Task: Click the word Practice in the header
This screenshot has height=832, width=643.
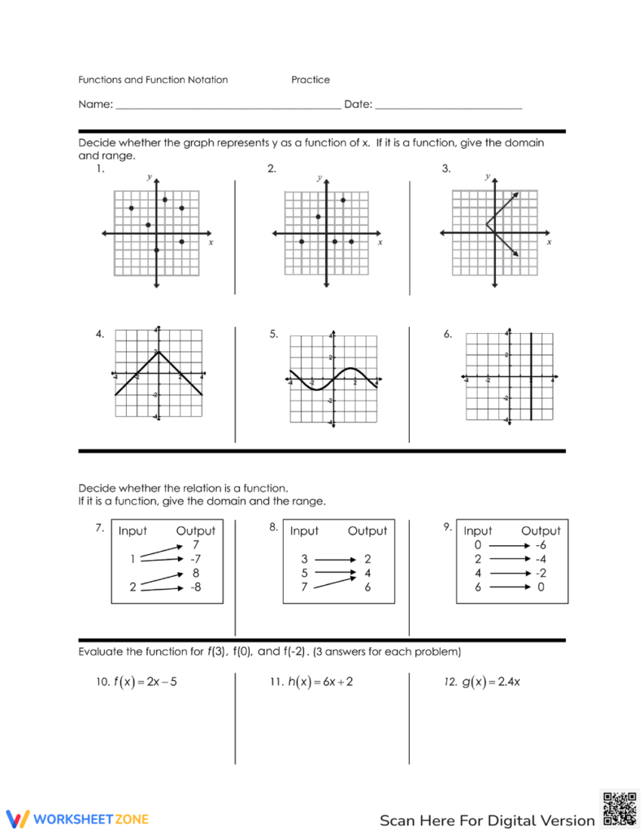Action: point(311,80)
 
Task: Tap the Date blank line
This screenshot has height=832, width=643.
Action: point(448,106)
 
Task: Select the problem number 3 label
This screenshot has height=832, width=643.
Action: point(446,169)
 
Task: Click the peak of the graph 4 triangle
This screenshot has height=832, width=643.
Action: point(158,351)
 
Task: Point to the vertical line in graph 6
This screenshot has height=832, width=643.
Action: point(531,375)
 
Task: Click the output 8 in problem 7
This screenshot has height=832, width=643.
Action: point(196,573)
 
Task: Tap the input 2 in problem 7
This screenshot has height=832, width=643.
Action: point(132,587)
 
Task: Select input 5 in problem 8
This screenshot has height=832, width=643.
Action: point(304,573)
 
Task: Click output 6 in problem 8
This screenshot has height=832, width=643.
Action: point(367,587)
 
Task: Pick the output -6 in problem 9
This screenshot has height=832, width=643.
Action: point(541,545)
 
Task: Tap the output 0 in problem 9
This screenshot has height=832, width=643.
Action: point(541,587)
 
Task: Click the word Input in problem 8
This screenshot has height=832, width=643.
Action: point(304,531)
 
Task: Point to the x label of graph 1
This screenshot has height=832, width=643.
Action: point(211,242)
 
